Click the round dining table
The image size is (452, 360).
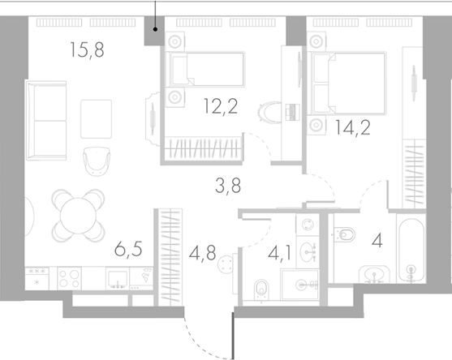point(78,210)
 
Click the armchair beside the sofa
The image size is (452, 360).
point(97,160)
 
